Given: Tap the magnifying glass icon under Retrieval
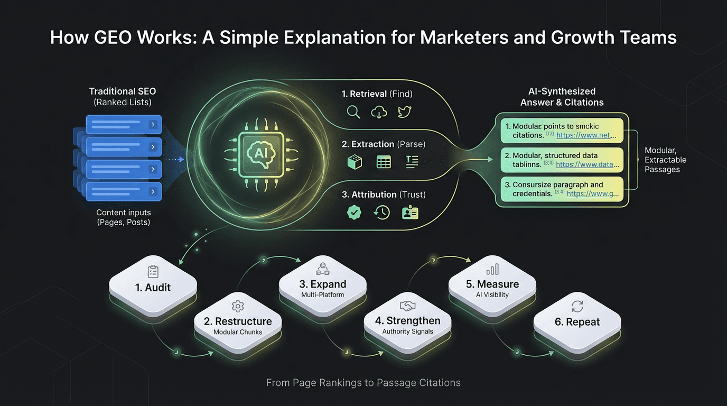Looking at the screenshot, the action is pyautogui.click(x=353, y=112).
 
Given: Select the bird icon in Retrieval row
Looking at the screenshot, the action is pyautogui.click(x=404, y=112).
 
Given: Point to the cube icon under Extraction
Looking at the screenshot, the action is pyautogui.click(x=354, y=162).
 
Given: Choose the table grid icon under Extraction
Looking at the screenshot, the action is pyautogui.click(x=384, y=162).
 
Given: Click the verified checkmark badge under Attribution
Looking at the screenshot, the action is pyautogui.click(x=353, y=213).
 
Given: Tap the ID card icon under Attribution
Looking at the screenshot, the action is pyautogui.click(x=410, y=213).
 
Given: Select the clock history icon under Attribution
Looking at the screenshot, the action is pyautogui.click(x=381, y=213).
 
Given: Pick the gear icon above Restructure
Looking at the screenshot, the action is pyautogui.click(x=237, y=306).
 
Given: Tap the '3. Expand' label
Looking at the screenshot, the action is pyautogui.click(x=323, y=284).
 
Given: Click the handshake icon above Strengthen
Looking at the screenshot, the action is pyautogui.click(x=407, y=306).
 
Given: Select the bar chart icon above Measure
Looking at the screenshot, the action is pyautogui.click(x=492, y=270).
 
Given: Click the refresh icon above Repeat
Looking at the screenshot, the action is pyautogui.click(x=577, y=306).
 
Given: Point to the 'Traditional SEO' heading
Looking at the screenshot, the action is pyautogui.click(x=123, y=91).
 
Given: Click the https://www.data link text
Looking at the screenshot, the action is pyautogui.click(x=586, y=164).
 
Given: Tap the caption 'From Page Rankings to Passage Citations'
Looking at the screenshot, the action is pyautogui.click(x=363, y=383).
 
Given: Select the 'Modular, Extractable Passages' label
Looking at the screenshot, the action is pyautogui.click(x=665, y=160).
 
